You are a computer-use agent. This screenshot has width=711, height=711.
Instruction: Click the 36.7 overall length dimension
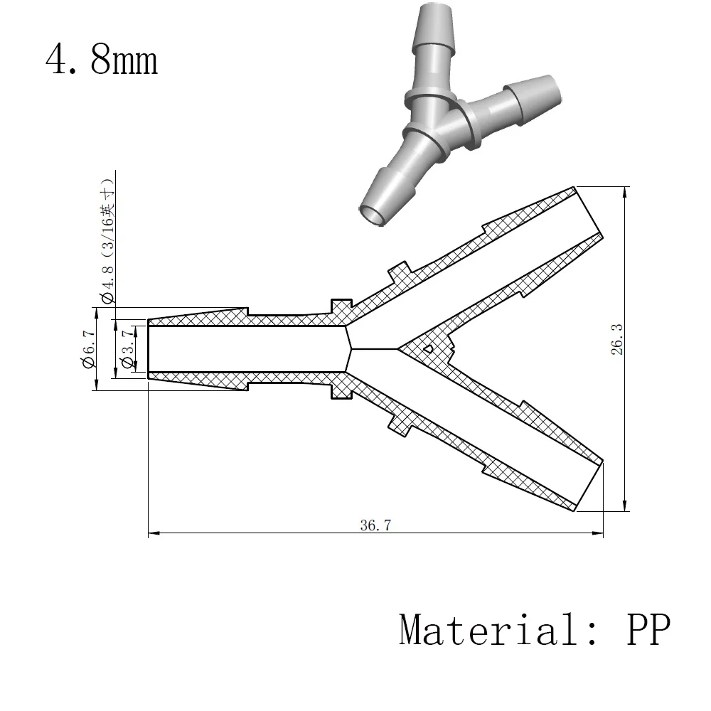click(x=375, y=525)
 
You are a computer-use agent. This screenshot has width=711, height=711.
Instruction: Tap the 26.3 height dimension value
click(x=617, y=340)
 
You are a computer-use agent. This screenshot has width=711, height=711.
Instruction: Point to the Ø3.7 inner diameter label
click(x=128, y=349)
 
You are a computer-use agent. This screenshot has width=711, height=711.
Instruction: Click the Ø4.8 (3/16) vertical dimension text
click(x=108, y=241)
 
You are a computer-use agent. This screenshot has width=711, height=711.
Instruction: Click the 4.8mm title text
click(x=102, y=60)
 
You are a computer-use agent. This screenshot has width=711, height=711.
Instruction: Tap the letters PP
click(x=648, y=629)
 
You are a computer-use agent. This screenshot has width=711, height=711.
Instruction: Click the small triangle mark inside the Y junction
click(x=428, y=348)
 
